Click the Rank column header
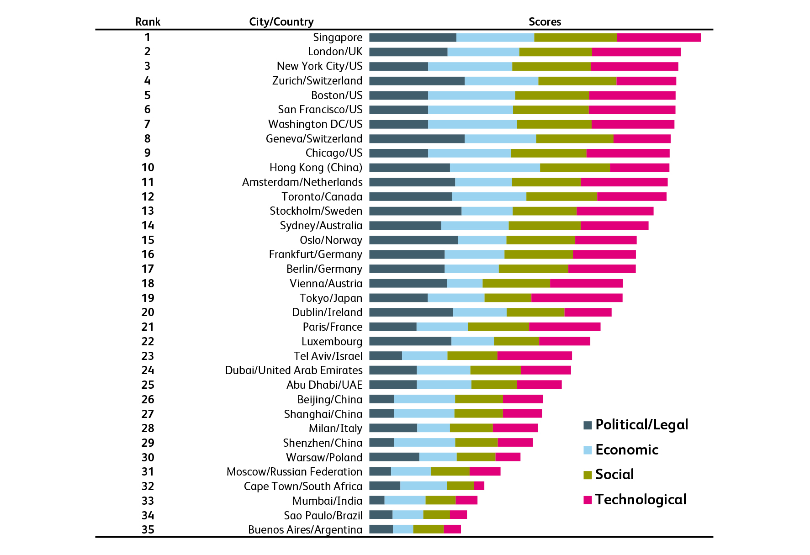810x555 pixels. (148, 22)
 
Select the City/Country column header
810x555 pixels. (281, 22)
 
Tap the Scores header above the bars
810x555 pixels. (545, 22)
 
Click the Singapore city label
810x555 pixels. (338, 37)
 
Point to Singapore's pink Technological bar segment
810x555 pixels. (658, 37)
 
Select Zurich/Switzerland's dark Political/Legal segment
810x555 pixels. (417, 81)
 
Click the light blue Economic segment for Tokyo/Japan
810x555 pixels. (456, 298)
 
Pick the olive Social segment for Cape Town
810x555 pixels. (461, 486)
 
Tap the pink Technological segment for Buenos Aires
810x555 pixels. (452, 529)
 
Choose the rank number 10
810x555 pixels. (148, 168)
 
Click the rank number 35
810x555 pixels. (148, 529)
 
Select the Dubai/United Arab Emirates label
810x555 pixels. (294, 370)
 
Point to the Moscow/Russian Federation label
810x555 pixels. (294, 472)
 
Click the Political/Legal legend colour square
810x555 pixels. (588, 425)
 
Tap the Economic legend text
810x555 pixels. (627, 450)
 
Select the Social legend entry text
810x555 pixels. (614, 475)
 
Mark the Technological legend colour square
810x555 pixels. (588, 500)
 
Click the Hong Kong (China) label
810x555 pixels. (316, 168)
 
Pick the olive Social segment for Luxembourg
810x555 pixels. (516, 341)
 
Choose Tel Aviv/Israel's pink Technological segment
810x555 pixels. (535, 356)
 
